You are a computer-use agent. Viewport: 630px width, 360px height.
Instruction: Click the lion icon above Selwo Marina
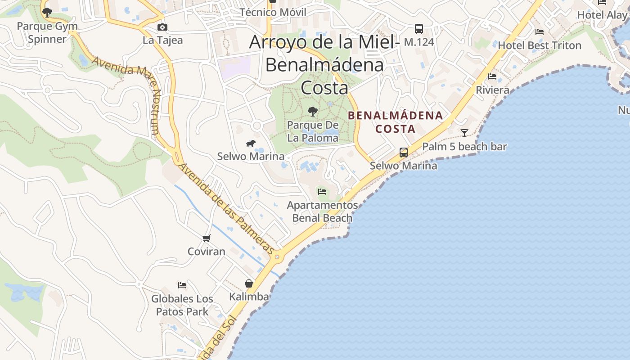[251, 144]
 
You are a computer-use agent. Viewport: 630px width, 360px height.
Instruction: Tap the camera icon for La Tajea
[162, 27]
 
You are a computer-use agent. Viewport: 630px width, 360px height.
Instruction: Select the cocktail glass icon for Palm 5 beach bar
[464, 133]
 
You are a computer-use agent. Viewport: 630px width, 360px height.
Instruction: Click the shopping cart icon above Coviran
[206, 238]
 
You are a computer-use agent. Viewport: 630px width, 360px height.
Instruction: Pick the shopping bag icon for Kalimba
[249, 283]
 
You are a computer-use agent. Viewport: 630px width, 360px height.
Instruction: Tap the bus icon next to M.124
[419, 29]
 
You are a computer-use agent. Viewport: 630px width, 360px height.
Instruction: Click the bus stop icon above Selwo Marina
[404, 153]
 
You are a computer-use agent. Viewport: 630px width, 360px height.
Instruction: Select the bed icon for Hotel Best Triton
[540, 32]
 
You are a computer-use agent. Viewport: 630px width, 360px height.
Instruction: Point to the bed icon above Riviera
[492, 76]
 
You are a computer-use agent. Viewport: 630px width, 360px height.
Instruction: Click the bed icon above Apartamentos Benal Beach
[322, 192]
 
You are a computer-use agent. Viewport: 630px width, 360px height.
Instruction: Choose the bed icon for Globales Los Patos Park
[182, 285]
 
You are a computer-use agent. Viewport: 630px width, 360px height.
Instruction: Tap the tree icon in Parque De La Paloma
[312, 111]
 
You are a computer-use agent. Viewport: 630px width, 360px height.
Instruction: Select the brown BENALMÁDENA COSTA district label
[395, 122]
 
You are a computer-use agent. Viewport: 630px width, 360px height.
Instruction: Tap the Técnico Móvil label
[273, 12]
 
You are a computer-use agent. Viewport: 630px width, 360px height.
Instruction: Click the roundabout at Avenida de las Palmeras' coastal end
[277, 258]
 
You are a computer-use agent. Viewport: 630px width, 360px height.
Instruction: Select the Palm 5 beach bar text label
[464, 147]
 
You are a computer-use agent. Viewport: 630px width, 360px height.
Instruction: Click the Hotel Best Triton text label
[540, 45]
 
